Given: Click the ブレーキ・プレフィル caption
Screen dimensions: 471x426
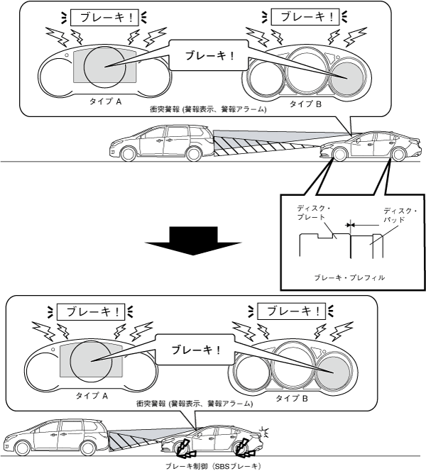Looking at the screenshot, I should coord(349,277).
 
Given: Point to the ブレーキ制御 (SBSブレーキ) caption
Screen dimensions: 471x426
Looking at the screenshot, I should coord(213,465).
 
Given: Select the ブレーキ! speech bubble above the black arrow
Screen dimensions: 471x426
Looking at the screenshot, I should coord(209,55).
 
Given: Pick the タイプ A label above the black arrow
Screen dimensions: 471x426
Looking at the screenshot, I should coord(105,101).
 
